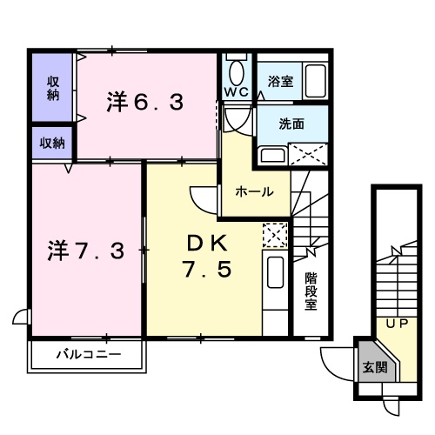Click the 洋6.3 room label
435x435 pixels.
[x=145, y=104]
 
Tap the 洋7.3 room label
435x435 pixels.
[x=85, y=251]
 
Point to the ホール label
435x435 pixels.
[x=255, y=191]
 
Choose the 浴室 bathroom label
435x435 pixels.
[x=280, y=81]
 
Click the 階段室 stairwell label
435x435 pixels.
[x=311, y=291]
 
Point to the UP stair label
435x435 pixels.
[x=398, y=325]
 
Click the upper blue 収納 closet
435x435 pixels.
[x=54, y=87]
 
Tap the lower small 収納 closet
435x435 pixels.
[x=54, y=142]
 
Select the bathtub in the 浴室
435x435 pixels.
[x=318, y=81]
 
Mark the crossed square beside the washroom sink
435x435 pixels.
[x=311, y=156]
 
